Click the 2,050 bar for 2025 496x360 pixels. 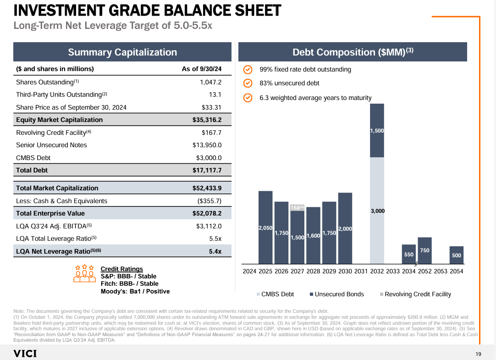[x=265, y=227]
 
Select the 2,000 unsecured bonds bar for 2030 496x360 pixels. [x=345, y=228]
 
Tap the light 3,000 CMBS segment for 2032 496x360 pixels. [x=377, y=210]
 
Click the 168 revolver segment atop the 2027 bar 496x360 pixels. [x=297, y=208]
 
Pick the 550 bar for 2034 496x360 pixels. [x=408, y=254]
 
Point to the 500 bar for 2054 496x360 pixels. [x=457, y=255]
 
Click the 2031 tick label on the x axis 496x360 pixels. [x=361, y=271]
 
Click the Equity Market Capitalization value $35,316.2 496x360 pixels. [x=207, y=120]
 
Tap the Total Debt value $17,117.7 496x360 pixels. [x=207, y=170]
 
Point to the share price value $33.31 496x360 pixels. [x=211, y=107]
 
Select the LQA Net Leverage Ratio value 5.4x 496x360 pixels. [x=215, y=251]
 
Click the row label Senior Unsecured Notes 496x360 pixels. [x=51, y=145]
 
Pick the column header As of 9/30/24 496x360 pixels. [x=201, y=69]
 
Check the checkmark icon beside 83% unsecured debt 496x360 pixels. [x=248, y=83]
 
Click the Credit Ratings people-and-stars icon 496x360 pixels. [x=84, y=274]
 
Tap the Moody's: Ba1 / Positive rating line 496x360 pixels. [x=135, y=291]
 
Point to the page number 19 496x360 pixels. [x=478, y=354]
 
